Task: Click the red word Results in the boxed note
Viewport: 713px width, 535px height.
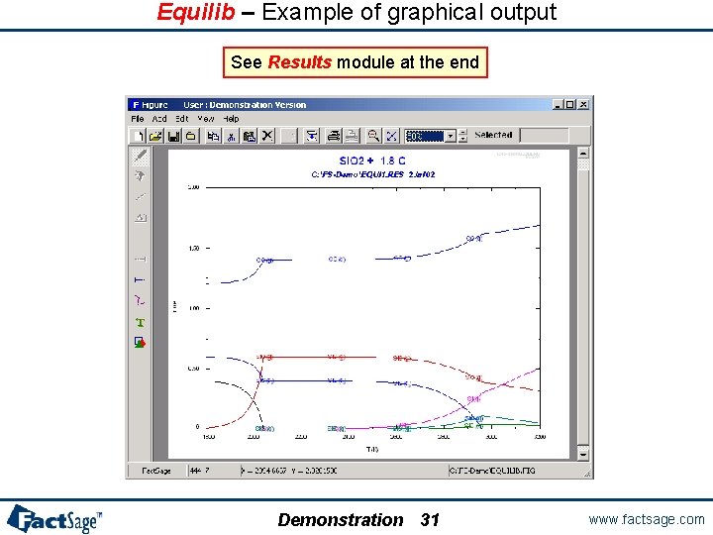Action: (x=300, y=62)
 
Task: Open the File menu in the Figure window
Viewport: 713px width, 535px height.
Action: (x=138, y=119)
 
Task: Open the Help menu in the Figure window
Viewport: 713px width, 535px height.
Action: (x=231, y=119)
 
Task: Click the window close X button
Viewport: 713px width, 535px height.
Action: (x=584, y=104)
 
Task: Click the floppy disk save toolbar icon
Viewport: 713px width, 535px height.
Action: (x=173, y=135)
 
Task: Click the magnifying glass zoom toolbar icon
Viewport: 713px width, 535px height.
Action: (x=373, y=135)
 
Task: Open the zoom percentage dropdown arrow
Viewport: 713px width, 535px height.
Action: (x=450, y=135)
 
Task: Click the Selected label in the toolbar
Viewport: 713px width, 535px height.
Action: (x=493, y=135)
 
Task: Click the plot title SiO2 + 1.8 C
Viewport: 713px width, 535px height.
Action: (x=371, y=160)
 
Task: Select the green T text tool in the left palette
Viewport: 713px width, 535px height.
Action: (x=140, y=322)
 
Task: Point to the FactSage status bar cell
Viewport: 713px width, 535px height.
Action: (x=158, y=471)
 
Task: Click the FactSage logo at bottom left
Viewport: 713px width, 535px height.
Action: (x=54, y=518)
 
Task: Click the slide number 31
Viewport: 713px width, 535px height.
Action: (x=430, y=519)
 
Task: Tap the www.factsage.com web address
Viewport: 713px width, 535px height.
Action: (x=646, y=519)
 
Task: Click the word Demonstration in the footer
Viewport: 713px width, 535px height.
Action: (x=341, y=519)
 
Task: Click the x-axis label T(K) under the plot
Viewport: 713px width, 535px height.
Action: (x=370, y=450)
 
